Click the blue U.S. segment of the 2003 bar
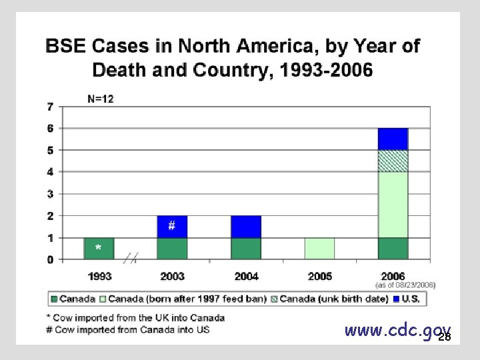coord(172,227)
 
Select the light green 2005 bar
coord(319,249)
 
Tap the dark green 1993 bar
coord(99,249)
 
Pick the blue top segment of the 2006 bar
coord(393,139)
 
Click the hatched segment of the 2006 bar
coord(393,161)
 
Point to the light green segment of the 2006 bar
coord(393,205)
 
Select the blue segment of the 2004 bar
coord(246,227)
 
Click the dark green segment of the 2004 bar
coord(246,249)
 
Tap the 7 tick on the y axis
coord(51,106)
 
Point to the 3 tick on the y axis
coord(51,194)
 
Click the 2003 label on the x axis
coord(172,276)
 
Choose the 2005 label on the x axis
coord(319,276)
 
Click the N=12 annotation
coord(101,99)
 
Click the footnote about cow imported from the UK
coord(135,318)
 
